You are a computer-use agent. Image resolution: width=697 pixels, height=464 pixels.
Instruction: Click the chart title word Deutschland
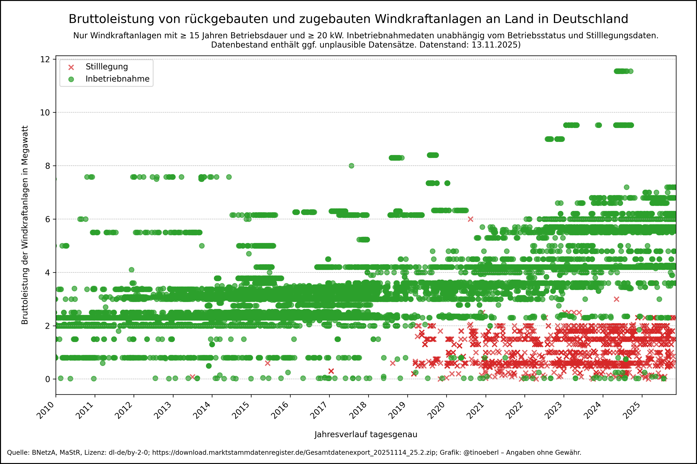coord(590,19)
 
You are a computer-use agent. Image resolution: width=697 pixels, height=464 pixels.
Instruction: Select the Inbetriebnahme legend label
coord(117,79)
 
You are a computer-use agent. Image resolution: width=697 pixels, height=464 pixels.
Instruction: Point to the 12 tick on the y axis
coord(45,59)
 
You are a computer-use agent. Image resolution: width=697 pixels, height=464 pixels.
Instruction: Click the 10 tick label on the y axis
coord(45,112)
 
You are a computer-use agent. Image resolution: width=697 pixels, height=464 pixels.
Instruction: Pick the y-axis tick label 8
coord(48,166)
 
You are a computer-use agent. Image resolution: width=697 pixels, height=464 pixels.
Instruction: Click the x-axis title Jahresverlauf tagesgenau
coord(366,434)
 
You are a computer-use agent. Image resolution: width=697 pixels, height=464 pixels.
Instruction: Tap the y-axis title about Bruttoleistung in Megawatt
coord(25,225)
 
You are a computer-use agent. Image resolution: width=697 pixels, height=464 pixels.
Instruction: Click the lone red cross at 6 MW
coord(470,219)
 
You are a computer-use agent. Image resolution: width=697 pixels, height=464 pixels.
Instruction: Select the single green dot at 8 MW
coord(351,166)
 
